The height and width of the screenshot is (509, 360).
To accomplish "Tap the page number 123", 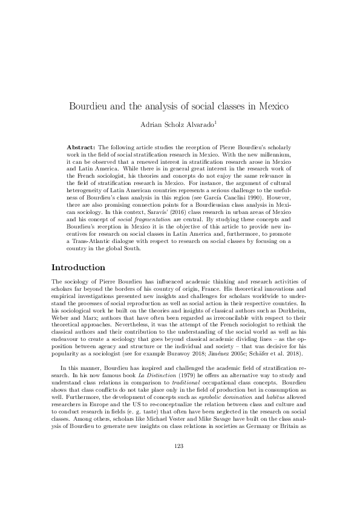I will coord(180,463).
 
